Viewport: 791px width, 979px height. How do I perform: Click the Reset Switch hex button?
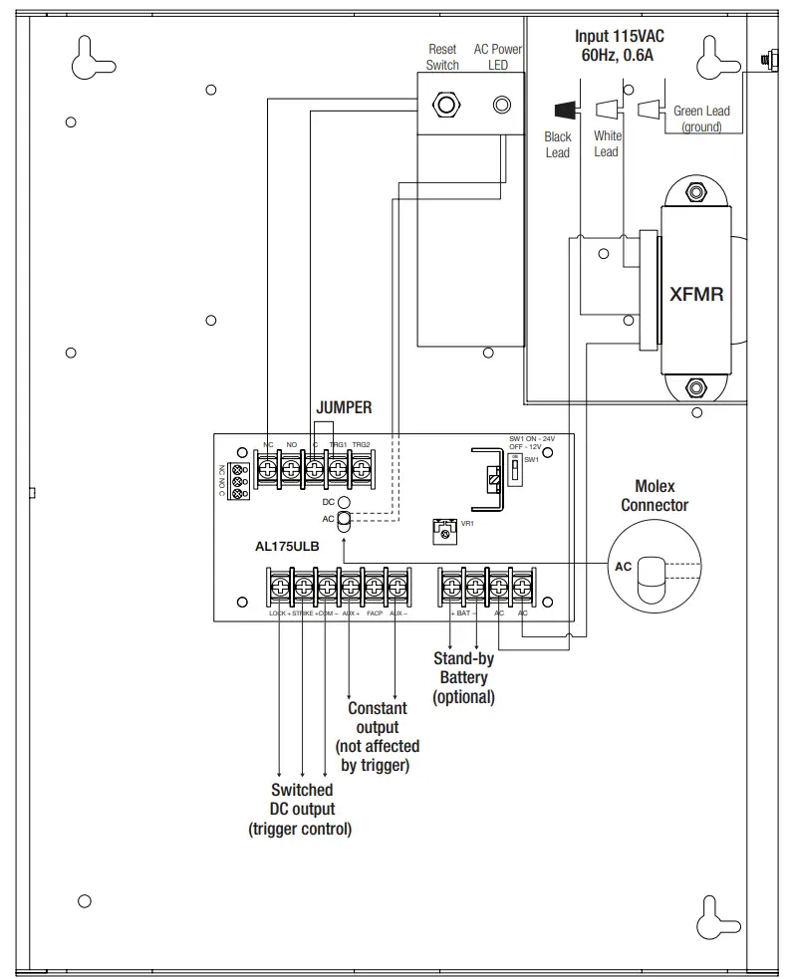[443, 103]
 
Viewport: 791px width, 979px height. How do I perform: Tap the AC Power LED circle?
[504, 103]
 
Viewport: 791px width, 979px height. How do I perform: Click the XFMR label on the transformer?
[696, 295]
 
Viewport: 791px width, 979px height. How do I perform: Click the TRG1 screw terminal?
[338, 467]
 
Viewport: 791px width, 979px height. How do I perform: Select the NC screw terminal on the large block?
[268, 467]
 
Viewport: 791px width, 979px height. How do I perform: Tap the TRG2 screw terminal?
[361, 467]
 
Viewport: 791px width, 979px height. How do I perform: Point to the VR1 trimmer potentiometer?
[444, 532]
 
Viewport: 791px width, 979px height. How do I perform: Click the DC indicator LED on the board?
[343, 504]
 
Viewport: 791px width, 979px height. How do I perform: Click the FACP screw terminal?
[375, 587]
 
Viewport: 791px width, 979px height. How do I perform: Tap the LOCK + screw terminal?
[279, 587]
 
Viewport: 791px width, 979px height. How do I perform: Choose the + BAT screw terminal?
[452, 587]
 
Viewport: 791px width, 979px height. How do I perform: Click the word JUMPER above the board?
[344, 407]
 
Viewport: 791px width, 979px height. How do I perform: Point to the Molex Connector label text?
[655, 495]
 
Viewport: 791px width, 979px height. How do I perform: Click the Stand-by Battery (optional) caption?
[463, 677]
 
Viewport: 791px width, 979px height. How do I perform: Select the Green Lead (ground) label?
[701, 119]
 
